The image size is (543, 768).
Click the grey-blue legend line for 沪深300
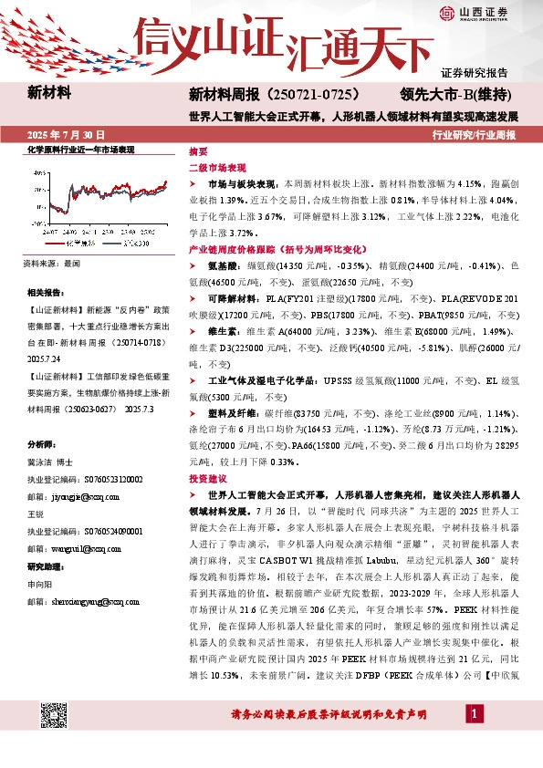click(109, 244)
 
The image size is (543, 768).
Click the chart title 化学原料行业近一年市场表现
click(80, 149)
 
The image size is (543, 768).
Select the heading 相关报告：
click(45, 292)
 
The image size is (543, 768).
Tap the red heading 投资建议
click(208, 478)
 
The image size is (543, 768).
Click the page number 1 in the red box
click(475, 711)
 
